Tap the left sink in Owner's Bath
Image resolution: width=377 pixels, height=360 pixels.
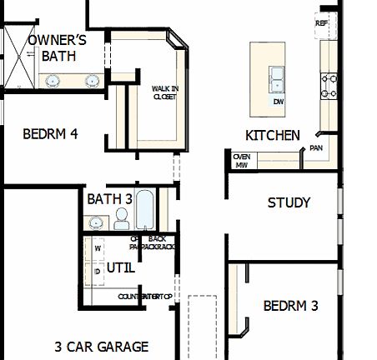53,81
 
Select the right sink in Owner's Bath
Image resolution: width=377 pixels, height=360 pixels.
92,81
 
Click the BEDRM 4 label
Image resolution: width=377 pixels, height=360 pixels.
50,133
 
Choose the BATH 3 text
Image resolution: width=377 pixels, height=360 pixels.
109,199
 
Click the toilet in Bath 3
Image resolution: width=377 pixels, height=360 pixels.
122,219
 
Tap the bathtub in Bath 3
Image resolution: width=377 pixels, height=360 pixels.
145,212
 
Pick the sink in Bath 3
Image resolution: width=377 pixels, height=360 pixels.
96,222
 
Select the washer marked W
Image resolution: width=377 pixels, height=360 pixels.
98,248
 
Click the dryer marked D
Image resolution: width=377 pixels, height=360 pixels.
98,272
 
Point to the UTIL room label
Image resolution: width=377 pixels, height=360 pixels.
120,268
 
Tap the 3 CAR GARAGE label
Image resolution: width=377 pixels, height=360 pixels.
102,347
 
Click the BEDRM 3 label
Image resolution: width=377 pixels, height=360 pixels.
290,306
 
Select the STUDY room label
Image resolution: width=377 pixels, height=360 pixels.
289,202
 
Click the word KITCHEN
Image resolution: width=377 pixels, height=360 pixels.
272,135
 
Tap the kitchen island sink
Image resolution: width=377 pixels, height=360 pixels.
277,80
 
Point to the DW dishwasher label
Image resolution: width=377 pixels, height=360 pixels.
279,102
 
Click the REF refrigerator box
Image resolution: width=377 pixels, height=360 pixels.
322,24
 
